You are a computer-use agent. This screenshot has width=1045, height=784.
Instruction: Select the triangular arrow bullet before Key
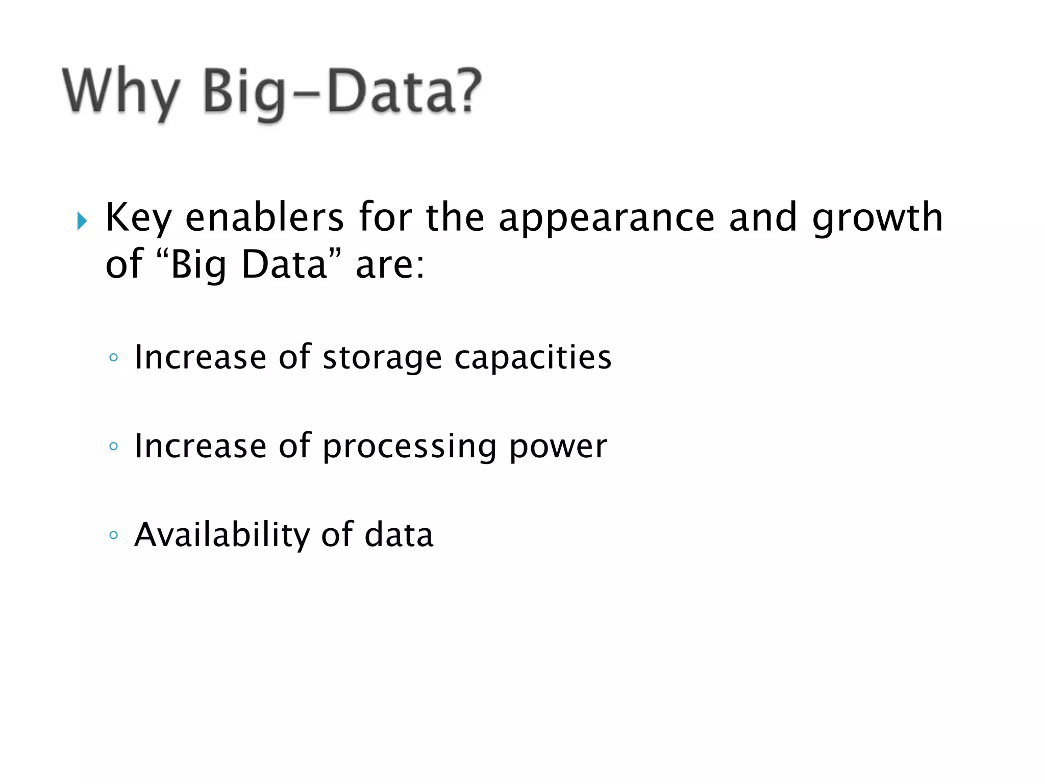(x=82, y=221)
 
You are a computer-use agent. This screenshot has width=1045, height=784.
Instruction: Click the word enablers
(x=264, y=217)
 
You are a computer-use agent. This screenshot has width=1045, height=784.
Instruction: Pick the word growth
(x=877, y=218)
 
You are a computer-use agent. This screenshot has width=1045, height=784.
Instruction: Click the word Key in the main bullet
(x=138, y=218)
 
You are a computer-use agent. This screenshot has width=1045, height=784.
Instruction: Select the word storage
(x=382, y=358)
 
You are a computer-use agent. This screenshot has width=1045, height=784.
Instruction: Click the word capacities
(x=533, y=358)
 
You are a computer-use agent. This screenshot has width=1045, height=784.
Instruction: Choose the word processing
(x=409, y=447)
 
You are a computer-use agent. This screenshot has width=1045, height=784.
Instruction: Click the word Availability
(x=222, y=535)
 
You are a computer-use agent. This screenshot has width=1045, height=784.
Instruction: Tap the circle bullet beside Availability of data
(x=113, y=535)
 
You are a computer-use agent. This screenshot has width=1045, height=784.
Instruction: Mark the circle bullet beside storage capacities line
(x=113, y=358)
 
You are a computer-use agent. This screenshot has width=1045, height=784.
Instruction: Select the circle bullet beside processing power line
(x=113, y=447)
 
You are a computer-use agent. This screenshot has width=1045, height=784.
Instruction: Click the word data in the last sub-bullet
(x=399, y=534)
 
